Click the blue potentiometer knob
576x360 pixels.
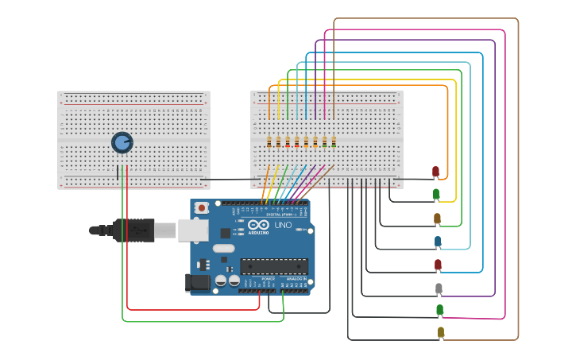click(122, 142)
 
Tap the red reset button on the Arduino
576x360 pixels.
click(202, 207)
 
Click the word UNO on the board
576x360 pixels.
click(284, 225)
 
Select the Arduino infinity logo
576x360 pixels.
click(258, 225)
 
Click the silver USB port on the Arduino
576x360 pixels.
click(192, 230)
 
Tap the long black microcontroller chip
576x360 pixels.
click(274, 265)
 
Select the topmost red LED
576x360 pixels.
click(435, 172)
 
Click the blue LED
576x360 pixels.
click(437, 241)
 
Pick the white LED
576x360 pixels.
click(439, 288)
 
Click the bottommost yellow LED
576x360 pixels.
click(440, 332)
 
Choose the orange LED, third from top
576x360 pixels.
click(437, 219)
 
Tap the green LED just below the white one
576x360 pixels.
click(439, 310)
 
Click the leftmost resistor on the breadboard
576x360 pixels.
click(269, 142)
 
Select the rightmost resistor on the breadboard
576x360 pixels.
click(334, 142)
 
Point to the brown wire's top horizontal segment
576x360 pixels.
click(425, 18)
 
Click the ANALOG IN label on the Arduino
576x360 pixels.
click(295, 279)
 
